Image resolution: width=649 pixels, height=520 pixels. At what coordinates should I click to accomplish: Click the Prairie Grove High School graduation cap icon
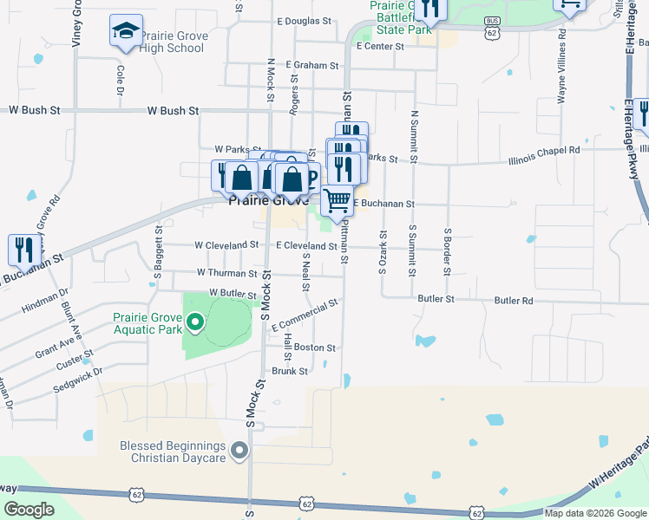[x=126, y=30]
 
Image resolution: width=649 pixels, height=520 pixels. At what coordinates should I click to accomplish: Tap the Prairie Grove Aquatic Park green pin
[x=195, y=324]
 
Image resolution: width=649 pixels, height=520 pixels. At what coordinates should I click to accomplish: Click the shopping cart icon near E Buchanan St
[x=338, y=200]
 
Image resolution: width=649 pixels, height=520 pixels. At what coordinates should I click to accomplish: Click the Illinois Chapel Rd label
[x=544, y=150]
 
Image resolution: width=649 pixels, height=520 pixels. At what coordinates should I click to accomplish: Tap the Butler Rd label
[x=514, y=300]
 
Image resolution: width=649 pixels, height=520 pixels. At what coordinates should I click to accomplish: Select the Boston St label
[x=314, y=348]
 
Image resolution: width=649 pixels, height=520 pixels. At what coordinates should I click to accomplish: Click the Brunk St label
[x=290, y=371]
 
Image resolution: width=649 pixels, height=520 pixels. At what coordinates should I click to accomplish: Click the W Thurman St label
[x=226, y=273]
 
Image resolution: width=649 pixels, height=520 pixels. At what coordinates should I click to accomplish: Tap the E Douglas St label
[x=305, y=20]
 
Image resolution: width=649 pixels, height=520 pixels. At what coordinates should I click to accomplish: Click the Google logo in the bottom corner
[x=29, y=510]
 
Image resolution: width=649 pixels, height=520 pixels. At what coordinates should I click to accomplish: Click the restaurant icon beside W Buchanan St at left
[x=21, y=250]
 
